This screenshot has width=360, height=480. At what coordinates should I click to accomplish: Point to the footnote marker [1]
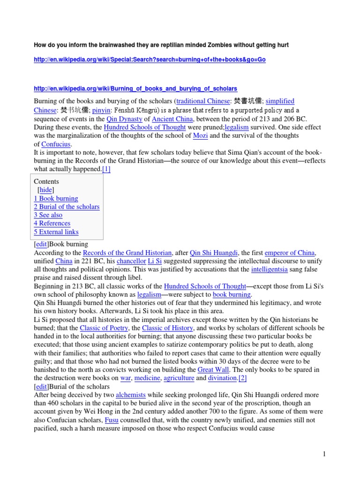point(106,169)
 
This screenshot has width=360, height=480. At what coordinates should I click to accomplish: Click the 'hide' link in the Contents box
point(45,190)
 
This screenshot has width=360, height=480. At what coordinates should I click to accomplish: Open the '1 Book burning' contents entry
point(56,198)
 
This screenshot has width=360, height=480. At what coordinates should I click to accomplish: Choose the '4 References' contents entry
point(52,224)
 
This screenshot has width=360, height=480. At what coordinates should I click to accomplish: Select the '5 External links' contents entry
point(56,232)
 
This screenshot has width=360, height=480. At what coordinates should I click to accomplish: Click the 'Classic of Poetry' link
point(104,328)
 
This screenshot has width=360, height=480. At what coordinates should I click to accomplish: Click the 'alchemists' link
point(131,395)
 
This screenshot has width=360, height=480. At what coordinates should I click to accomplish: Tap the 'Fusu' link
point(112,420)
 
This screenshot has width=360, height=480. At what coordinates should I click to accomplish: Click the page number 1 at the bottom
point(323,454)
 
